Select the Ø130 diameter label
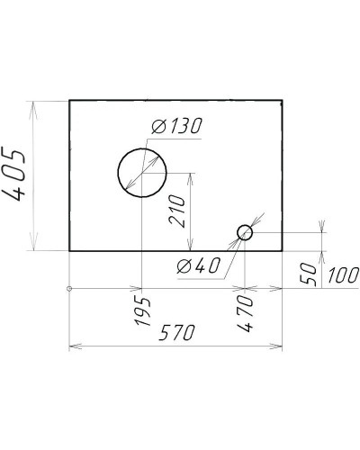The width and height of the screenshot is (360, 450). pos(176,128)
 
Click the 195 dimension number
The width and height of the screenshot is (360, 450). pos(142,311)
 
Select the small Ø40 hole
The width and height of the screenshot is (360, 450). pos(245,233)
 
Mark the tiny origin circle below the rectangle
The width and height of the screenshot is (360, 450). pos(69,289)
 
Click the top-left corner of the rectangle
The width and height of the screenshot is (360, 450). pos(69,101)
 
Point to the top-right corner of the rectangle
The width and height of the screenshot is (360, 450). pos(283,101)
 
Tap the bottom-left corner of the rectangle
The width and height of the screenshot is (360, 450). pos(69,250)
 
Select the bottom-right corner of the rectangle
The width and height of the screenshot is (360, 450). pos(283,250)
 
